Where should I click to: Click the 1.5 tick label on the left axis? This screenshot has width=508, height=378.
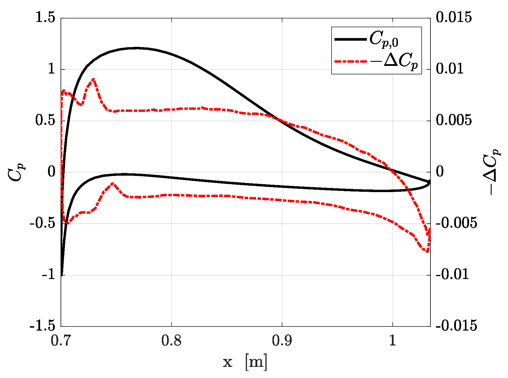pos(45,18)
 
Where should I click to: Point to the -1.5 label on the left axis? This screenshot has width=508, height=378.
pos(42,326)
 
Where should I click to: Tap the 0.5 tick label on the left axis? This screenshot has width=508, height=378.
pos(45,120)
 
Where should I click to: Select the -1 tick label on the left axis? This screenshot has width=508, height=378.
pos(48,275)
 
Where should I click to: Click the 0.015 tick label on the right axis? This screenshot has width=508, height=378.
pos(454,18)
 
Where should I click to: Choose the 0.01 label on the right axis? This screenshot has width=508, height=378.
pos(450,69)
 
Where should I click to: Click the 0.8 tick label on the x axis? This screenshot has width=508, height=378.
pos(171,341)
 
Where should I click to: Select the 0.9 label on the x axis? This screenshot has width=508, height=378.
pos(282,341)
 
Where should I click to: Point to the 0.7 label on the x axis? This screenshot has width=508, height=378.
pos(61,341)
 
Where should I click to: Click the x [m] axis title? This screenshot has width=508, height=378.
pos(245,362)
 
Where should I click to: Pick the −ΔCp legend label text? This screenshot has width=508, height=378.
pos(394,62)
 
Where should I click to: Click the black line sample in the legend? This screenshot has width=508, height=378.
pos(350,39)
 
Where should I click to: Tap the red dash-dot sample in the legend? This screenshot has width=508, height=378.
pos(350,61)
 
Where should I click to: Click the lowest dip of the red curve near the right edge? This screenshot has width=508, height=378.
pos(427,251)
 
